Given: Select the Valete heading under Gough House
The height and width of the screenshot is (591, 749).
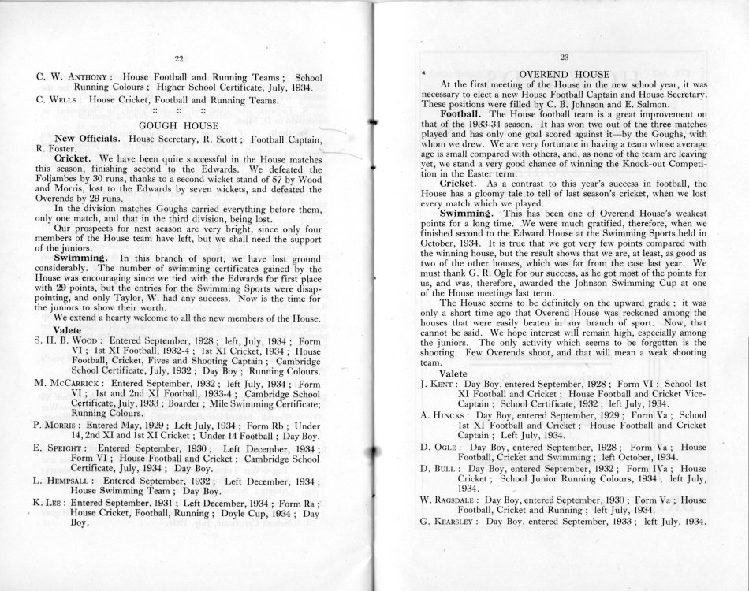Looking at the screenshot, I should pyautogui.click(x=68, y=329).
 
